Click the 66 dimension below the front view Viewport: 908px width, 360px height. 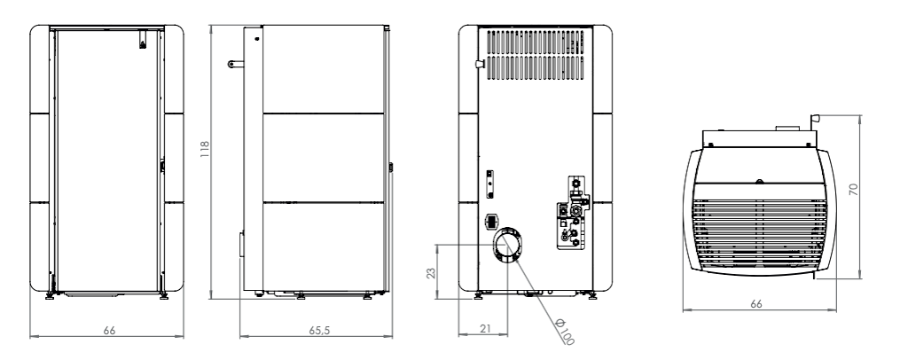(x=109, y=331)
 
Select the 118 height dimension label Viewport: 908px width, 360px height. (x=205, y=149)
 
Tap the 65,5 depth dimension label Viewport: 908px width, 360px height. (x=319, y=331)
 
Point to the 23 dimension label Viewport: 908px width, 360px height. (x=432, y=272)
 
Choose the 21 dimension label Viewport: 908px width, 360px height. (x=485, y=329)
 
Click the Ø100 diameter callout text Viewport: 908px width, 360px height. (x=564, y=332)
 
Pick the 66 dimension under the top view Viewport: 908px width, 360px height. (x=756, y=304)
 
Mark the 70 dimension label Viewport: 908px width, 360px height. (x=854, y=189)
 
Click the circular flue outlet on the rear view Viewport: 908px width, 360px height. (x=506, y=245)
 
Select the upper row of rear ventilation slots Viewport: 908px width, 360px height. (x=535, y=42)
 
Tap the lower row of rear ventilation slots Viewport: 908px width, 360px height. (x=535, y=67)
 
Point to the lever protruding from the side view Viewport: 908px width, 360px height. (x=236, y=64)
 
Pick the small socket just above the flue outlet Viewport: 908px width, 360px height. (x=490, y=221)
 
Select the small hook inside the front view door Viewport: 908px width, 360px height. (x=143, y=40)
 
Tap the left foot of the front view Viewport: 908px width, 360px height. (x=50, y=295)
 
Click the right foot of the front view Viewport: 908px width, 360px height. (x=164, y=295)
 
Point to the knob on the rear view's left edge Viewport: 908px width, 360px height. (x=479, y=64)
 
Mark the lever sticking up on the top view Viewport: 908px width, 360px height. (x=815, y=122)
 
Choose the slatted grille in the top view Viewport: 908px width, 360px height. (x=759, y=234)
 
